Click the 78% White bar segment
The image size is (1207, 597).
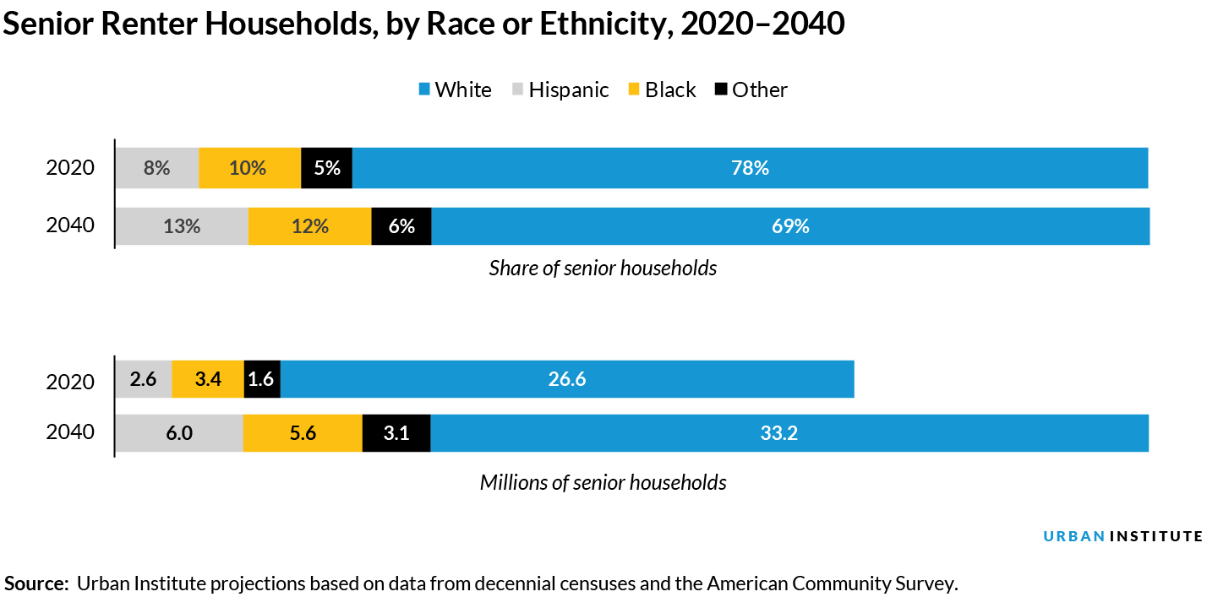(x=750, y=168)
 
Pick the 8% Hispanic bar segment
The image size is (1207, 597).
(x=157, y=168)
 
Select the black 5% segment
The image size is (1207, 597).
(x=326, y=168)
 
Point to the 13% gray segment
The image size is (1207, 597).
(x=182, y=226)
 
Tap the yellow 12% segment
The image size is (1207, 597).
(x=309, y=226)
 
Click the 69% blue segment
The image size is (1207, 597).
(x=790, y=226)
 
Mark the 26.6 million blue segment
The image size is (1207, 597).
(x=566, y=379)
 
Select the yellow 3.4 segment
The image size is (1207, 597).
(x=208, y=379)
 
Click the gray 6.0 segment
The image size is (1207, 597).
(x=179, y=433)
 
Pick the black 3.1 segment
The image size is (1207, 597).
(x=396, y=433)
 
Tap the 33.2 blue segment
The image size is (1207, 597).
(x=789, y=433)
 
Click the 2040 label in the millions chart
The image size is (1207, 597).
(x=70, y=432)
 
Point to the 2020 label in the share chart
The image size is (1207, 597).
(x=70, y=168)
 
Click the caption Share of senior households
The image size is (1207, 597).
(x=603, y=269)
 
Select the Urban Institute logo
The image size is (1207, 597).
(x=1122, y=536)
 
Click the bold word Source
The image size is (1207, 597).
(x=35, y=583)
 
